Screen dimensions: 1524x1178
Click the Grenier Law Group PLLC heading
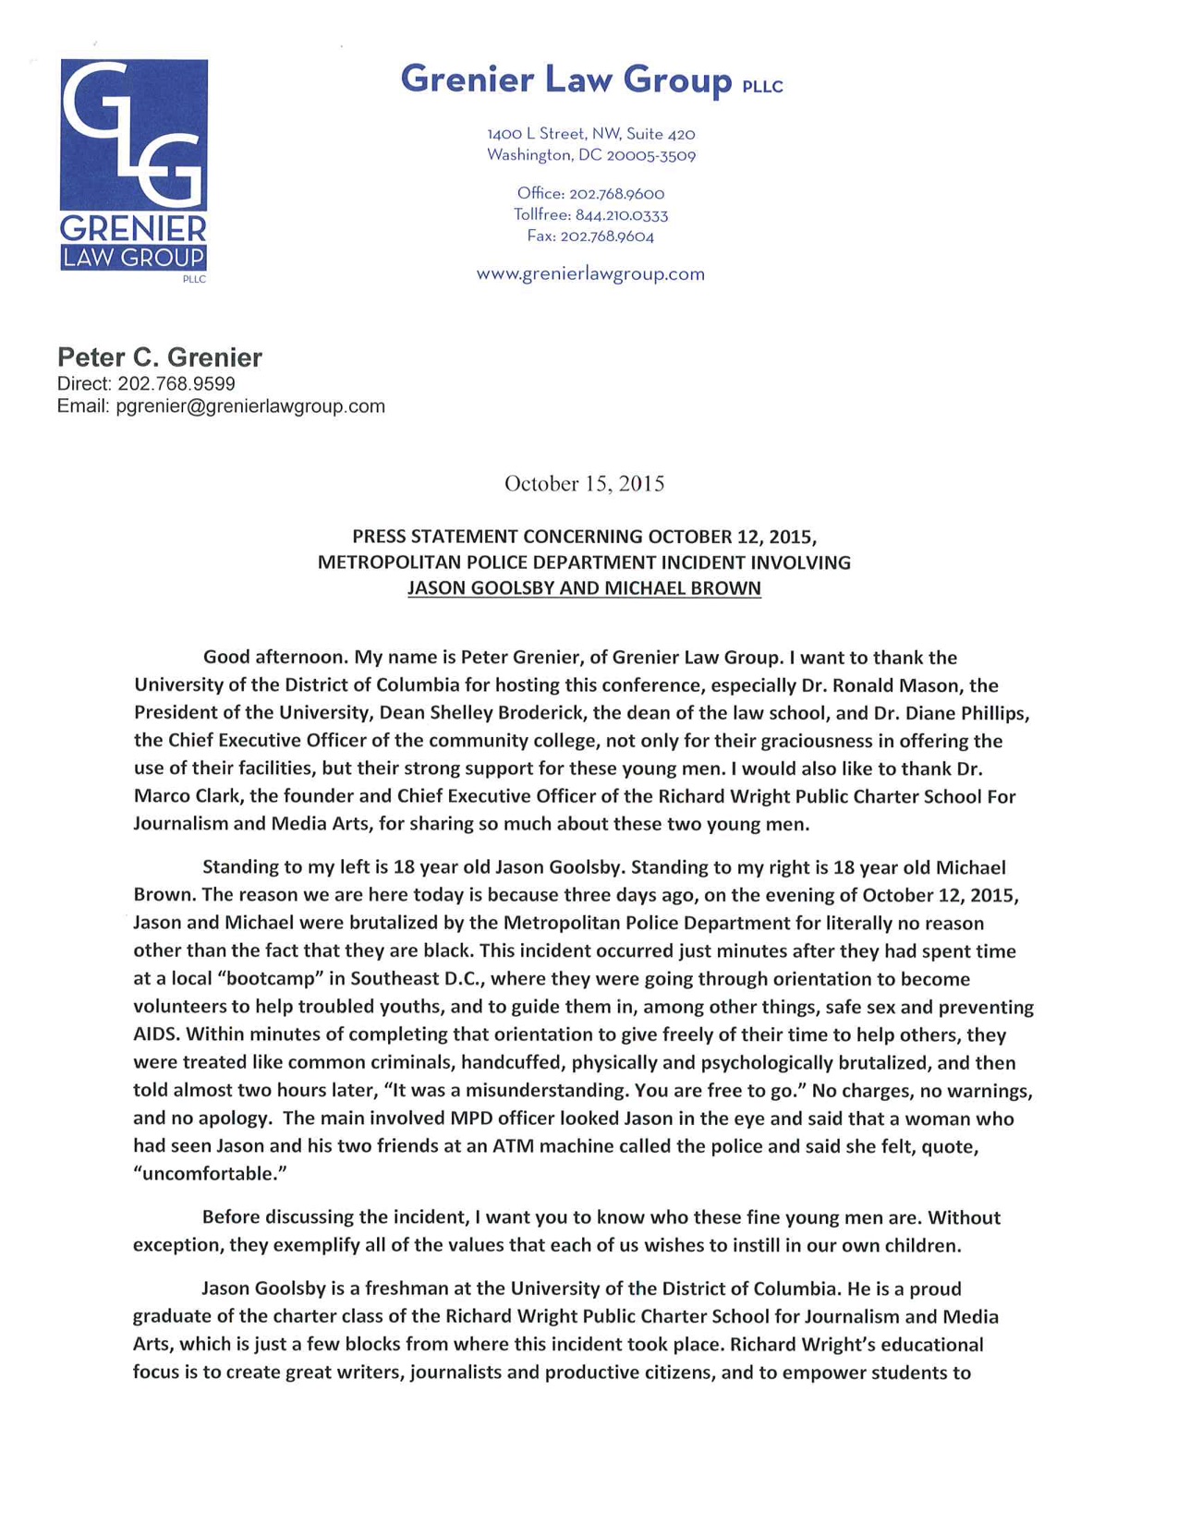[x=591, y=80]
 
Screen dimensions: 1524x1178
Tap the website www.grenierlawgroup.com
[x=590, y=274]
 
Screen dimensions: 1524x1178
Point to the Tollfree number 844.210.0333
[x=621, y=215]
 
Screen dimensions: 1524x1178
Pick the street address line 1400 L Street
[x=590, y=135]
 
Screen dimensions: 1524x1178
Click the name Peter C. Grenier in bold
[x=160, y=357]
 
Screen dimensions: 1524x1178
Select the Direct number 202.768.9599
[x=176, y=383]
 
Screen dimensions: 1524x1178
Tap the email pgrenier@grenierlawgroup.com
[x=250, y=406]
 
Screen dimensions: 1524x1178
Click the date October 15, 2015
[x=584, y=484]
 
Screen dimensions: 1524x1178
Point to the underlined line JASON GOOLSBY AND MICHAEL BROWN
[x=584, y=588]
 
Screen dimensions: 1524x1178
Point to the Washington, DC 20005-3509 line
[x=590, y=156]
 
